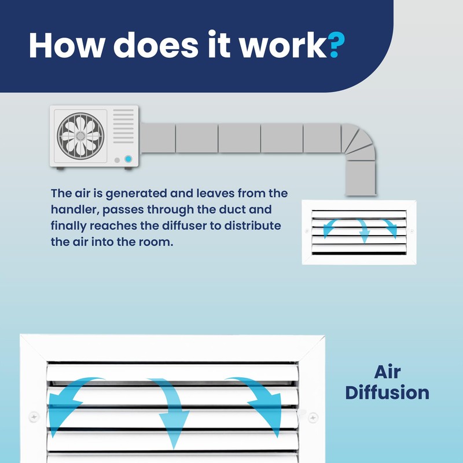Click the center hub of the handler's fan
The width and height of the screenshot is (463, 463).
coord(80,135)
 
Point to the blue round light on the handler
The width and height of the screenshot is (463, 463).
coord(128,158)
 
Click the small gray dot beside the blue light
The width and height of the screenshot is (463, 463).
coord(117,159)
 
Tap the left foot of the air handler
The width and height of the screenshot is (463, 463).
coord(60,168)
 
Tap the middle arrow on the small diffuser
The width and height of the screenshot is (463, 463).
coord(364,230)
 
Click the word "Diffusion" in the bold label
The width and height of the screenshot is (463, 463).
coord(387,392)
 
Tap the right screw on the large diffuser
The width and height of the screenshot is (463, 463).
coord(313,416)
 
